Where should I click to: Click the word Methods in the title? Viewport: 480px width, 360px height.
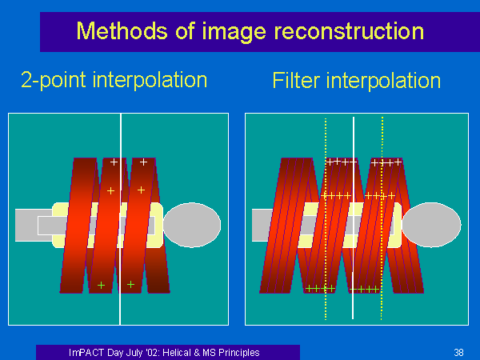(x=122, y=30)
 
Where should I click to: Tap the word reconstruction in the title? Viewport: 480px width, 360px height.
(x=349, y=31)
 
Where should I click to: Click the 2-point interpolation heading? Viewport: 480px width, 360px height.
(x=114, y=80)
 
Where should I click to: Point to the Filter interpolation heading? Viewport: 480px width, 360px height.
(x=357, y=81)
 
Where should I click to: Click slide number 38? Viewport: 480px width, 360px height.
(x=458, y=352)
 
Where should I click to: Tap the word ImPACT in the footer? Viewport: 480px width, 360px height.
(x=86, y=352)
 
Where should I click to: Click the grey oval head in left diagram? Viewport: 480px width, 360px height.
(x=192, y=225)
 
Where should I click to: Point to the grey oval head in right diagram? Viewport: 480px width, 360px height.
(x=431, y=225)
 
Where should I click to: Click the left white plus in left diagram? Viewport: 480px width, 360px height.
(x=114, y=162)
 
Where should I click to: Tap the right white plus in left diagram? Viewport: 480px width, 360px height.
(x=143, y=162)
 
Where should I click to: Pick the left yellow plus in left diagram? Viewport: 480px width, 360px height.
(x=111, y=191)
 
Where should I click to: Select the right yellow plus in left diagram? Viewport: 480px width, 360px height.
(x=141, y=190)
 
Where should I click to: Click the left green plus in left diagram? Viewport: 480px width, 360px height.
(x=102, y=286)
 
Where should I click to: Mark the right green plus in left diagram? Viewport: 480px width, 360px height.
(x=130, y=285)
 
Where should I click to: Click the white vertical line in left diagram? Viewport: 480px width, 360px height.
(x=121, y=219)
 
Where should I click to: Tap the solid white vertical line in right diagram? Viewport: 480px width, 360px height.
(x=354, y=218)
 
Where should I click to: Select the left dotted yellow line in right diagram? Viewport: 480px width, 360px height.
(x=326, y=219)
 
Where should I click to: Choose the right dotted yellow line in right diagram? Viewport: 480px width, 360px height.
(x=382, y=218)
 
